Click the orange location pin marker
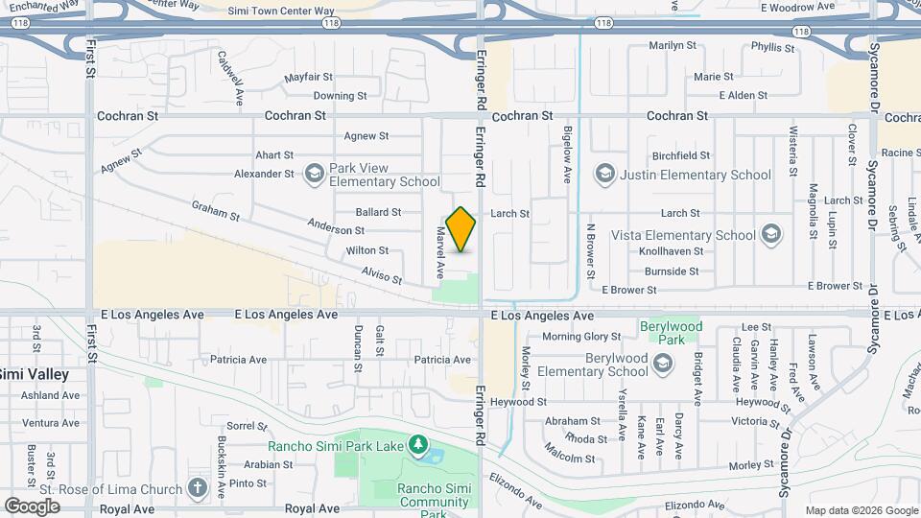(461, 229)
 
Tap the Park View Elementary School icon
(314, 174)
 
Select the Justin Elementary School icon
(604, 174)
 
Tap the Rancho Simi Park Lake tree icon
(417, 445)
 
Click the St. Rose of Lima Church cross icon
(198, 487)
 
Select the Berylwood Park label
(671, 333)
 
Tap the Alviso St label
(382, 276)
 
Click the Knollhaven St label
(672, 250)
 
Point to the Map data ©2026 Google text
(860, 510)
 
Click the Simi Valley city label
(35, 373)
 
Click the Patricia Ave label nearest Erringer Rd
(443, 360)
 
